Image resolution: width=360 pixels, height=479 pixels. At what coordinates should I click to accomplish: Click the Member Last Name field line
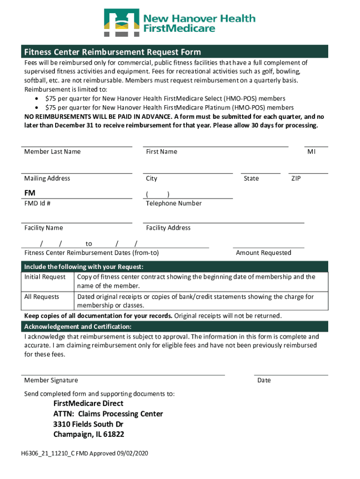pos(77,146)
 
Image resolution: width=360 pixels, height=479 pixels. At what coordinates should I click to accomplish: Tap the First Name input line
pos(215,146)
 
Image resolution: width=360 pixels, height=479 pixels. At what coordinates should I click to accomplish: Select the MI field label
pos(311,152)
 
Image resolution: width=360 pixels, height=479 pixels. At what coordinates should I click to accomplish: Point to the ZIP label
pos(296,178)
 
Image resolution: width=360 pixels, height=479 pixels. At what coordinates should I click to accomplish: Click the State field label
pos(251,178)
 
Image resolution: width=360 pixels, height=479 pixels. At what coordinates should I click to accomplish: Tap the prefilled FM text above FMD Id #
pos(30,193)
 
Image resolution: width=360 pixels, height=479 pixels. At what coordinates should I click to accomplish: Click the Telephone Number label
pos(174,203)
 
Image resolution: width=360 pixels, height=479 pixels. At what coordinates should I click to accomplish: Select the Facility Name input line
pos(77,222)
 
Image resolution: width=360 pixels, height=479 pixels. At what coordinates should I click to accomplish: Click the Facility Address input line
pos(223,222)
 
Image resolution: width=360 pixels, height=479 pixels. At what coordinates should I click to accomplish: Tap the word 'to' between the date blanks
pos(89,244)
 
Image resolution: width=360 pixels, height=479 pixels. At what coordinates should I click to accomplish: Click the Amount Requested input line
pos(268,247)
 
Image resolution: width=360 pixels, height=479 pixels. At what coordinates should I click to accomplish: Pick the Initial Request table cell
pos(45,277)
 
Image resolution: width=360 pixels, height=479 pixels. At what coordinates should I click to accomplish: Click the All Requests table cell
pos(42,297)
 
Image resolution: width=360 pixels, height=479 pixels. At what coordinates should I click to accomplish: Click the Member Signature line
pos(123,375)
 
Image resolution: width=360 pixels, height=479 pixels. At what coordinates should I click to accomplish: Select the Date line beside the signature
pos(291,375)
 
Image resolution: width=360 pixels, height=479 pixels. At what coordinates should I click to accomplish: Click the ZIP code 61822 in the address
pos(115,435)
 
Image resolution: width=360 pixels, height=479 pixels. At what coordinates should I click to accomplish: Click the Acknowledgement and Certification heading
pos(78,327)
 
